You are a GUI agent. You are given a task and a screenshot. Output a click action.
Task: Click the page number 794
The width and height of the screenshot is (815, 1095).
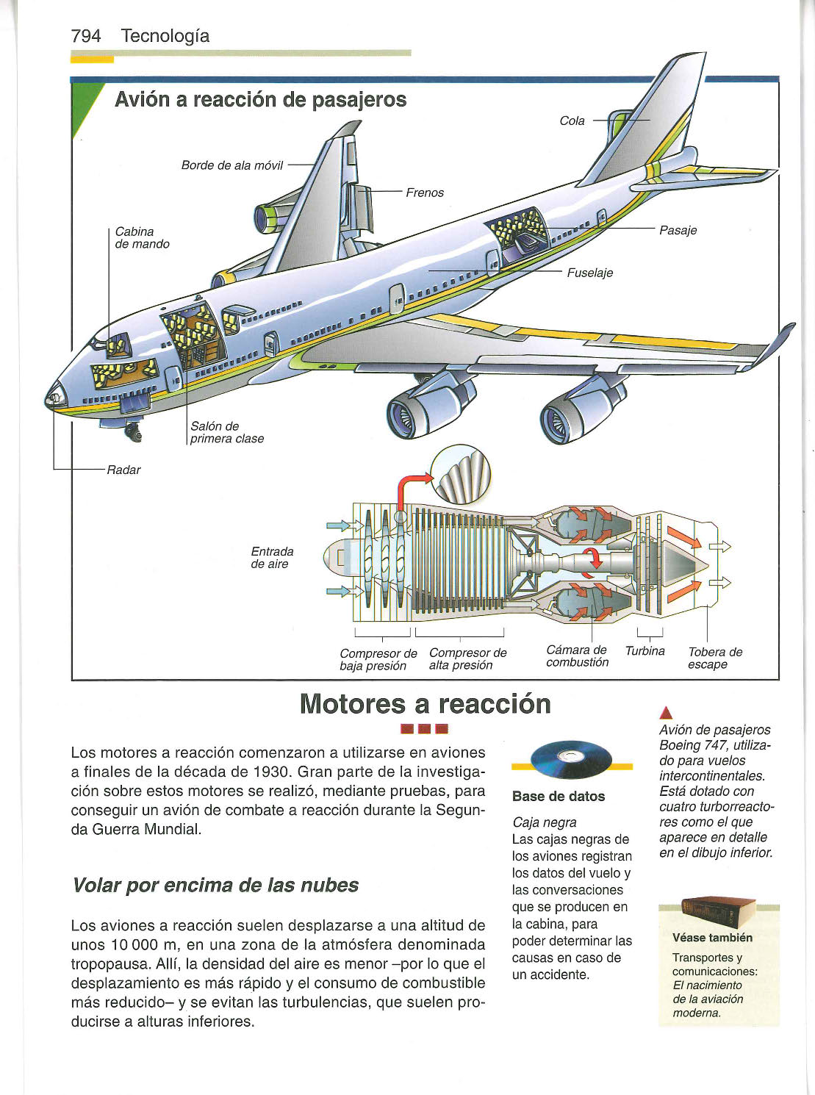coord(86,36)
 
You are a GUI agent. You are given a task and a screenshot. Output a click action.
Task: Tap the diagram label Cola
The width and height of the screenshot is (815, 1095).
coord(572,121)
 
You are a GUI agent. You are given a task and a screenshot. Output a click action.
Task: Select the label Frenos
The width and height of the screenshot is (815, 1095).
coord(425,193)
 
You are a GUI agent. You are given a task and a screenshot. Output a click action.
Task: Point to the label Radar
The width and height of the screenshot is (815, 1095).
coord(123,470)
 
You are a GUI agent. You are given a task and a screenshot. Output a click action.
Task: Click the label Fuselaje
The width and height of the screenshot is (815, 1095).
coord(589,273)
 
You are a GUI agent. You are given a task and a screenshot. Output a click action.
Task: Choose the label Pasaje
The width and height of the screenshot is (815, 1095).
coord(678,230)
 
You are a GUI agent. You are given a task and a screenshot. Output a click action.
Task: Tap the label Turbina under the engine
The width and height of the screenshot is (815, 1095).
coord(645,651)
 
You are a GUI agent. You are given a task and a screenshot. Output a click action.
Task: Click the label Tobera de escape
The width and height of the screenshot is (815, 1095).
coord(714,658)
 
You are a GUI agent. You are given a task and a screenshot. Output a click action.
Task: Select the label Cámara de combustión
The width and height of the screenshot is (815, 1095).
coord(577,656)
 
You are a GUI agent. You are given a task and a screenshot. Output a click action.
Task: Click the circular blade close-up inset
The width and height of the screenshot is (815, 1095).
coord(461,476)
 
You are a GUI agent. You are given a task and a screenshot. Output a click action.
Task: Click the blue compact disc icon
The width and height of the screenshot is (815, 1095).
coord(571,759)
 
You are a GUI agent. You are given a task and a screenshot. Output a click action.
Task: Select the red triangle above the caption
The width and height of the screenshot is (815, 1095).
coord(666,711)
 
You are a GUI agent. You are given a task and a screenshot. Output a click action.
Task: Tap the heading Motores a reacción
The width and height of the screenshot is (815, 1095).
coord(426,704)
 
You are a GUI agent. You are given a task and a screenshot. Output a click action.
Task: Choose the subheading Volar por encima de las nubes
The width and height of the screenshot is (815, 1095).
coord(215,885)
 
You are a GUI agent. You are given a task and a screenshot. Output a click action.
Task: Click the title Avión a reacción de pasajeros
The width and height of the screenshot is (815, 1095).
coord(260,100)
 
